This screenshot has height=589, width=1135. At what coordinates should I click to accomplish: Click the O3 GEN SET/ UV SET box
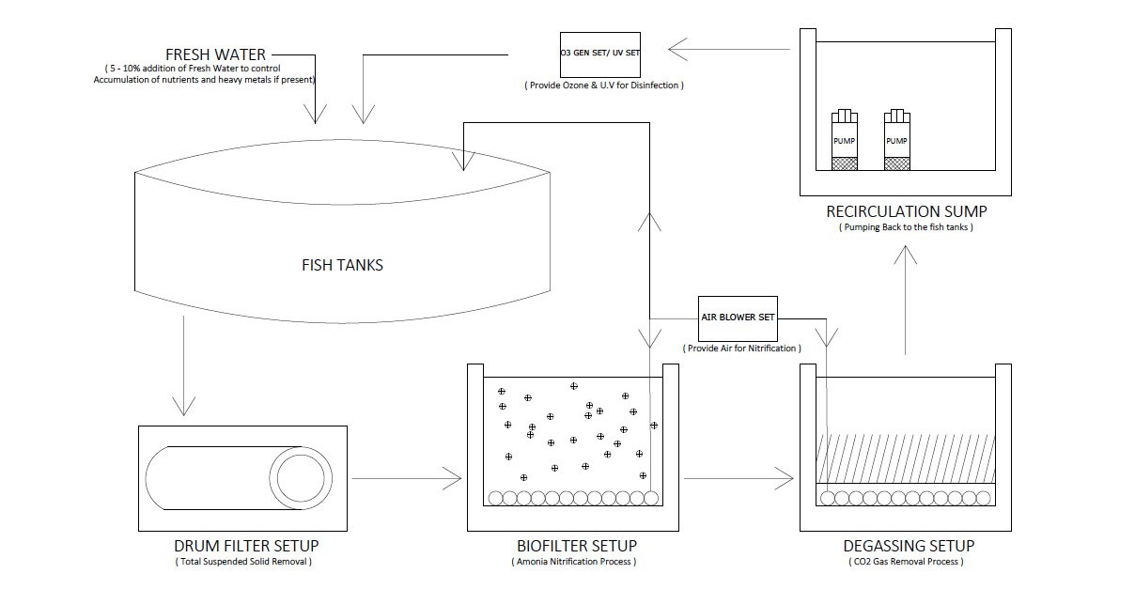pos(599,54)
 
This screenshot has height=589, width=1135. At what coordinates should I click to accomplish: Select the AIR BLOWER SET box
pos(738,318)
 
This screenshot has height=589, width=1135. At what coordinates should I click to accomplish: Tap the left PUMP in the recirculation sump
pos(845,141)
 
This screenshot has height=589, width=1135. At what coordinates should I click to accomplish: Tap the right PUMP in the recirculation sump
pos(897,141)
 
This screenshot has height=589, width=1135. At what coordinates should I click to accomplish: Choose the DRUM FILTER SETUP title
pos(246,546)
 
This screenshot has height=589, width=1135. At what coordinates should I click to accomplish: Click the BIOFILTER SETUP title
pos(576,546)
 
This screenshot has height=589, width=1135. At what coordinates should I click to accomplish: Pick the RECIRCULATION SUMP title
pos(906,210)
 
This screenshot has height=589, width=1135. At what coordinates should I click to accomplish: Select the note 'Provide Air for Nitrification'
pos(742,349)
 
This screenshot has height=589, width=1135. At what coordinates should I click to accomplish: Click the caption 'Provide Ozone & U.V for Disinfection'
pos(604,85)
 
